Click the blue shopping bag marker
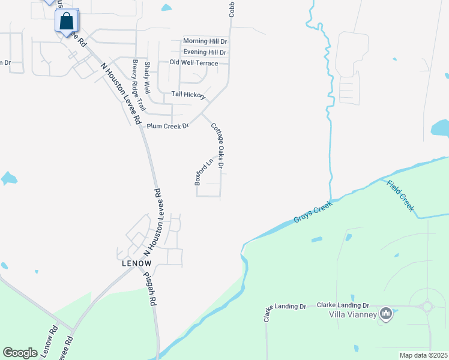click(x=67, y=21)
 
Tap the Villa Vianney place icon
click(x=387, y=313)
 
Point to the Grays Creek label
click(x=313, y=212)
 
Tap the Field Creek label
click(x=400, y=195)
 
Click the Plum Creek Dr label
click(x=168, y=126)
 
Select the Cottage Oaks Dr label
click(x=217, y=146)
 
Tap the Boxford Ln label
click(x=204, y=172)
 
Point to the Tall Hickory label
click(x=188, y=94)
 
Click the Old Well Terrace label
click(x=194, y=62)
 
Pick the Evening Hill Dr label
click(x=205, y=52)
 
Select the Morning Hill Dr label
click(x=205, y=41)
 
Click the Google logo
click(x=20, y=353)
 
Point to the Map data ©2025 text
click(x=423, y=355)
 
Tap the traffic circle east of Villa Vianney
click(x=427, y=307)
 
